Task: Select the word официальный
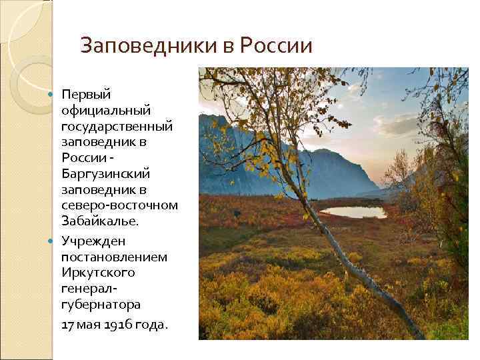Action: (x=106, y=108)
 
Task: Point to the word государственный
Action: (x=117, y=125)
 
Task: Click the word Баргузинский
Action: (x=105, y=173)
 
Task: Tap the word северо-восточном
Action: (x=119, y=205)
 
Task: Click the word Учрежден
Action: (x=93, y=240)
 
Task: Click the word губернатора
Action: (x=101, y=305)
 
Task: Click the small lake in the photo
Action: (x=353, y=211)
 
